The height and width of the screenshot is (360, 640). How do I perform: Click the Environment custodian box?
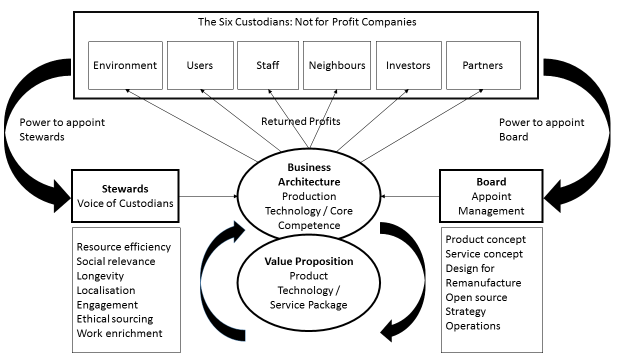coord(125,67)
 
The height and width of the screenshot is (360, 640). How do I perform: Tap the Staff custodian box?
coord(267,67)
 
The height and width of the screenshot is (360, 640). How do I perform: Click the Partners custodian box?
coord(483,67)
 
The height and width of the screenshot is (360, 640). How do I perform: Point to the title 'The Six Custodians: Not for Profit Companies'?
coord(307,22)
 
